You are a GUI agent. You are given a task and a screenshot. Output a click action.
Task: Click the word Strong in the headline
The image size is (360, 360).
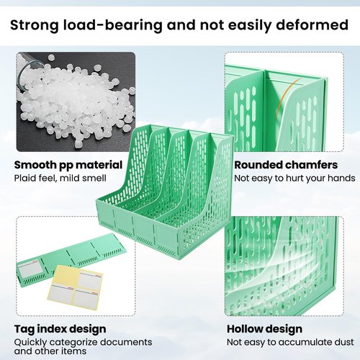point(35,25)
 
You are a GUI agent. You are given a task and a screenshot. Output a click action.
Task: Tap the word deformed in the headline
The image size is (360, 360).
point(312,24)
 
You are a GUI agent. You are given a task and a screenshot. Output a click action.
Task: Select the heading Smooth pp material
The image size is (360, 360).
point(68,166)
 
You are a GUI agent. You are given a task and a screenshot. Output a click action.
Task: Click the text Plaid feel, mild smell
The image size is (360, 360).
point(60,179)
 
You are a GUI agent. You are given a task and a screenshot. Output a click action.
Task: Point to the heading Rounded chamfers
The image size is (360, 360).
point(286,165)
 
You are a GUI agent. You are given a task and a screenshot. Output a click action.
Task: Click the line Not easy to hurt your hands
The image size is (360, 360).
point(294,179)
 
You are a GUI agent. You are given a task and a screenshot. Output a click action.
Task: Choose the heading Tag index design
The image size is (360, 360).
point(60,329)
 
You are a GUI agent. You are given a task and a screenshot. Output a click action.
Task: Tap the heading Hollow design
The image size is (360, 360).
point(264,329)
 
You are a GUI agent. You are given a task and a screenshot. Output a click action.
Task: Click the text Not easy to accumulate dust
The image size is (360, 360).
point(290,342)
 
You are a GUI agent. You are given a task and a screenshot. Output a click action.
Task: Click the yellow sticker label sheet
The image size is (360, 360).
point(75,287)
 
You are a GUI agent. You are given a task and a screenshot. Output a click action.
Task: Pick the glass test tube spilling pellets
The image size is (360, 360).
point(30,70)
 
